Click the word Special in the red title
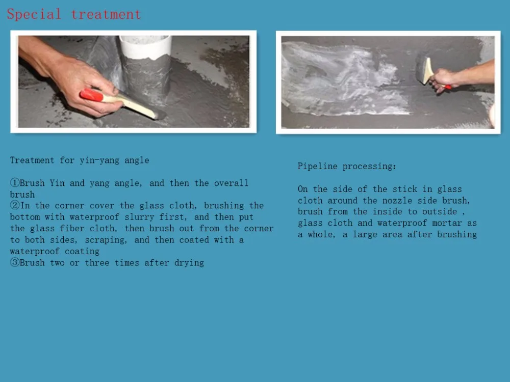pos(34,15)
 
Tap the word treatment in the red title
pos(106,15)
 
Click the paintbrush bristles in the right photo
pos(421,69)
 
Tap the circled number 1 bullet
pos(15,183)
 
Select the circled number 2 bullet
pos(15,206)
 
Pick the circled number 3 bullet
pos(15,262)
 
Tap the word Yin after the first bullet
pos(57,183)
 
